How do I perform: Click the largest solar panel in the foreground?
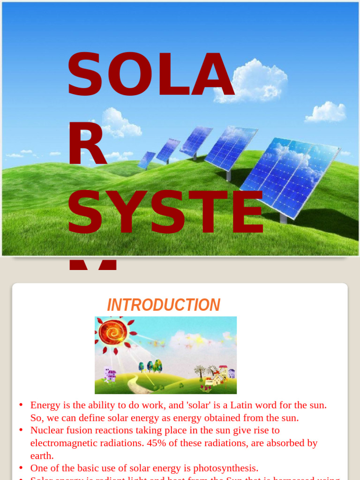pos(291,176)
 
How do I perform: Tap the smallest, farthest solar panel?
pos(147,160)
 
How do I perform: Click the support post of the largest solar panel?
pos(283,217)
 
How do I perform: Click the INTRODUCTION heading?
pos(164,305)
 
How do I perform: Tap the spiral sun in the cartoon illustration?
pos(113,332)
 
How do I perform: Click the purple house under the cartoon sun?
pos(111,375)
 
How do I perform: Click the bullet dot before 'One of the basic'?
pos(21,468)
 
